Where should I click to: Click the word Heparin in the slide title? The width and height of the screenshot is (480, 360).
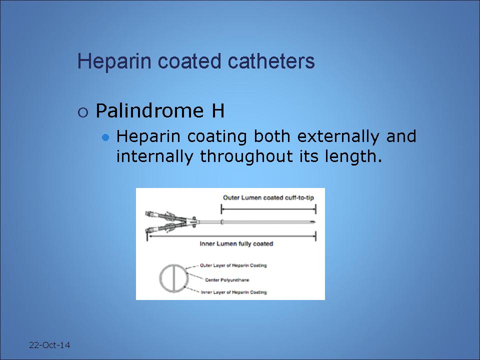pyautogui.click(x=114, y=61)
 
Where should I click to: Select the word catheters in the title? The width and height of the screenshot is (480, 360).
pyautogui.click(x=271, y=61)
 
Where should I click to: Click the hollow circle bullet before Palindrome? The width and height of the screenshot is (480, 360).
pyautogui.click(x=83, y=112)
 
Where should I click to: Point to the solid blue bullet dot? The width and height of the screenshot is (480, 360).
pyautogui.click(x=105, y=137)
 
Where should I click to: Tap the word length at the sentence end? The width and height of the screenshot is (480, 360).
pyautogui.click(x=353, y=156)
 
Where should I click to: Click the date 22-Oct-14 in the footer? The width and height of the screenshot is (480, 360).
pyautogui.click(x=49, y=345)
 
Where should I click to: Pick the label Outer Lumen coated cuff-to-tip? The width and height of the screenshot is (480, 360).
pyautogui.click(x=268, y=198)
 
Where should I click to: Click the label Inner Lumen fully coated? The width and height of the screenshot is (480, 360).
pyautogui.click(x=236, y=243)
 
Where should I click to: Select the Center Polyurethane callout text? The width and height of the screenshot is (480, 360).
pyautogui.click(x=227, y=280)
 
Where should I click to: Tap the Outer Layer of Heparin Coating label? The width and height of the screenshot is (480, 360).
pyautogui.click(x=233, y=265)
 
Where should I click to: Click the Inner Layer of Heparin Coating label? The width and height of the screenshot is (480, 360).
pyautogui.click(x=233, y=292)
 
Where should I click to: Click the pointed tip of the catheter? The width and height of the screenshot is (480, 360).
pyautogui.click(x=314, y=222)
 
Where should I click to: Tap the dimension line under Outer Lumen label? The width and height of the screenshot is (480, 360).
pyautogui.click(x=268, y=209)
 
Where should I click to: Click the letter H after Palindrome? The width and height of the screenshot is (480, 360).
pyautogui.click(x=218, y=110)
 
